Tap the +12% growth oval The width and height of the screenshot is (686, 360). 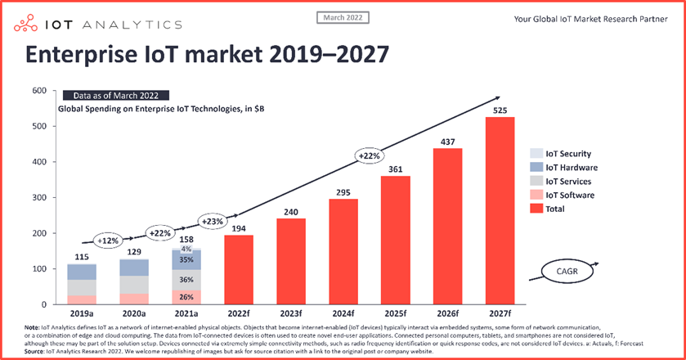(106, 241)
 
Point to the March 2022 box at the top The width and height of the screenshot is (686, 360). (343, 17)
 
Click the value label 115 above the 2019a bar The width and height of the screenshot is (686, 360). (83, 258)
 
